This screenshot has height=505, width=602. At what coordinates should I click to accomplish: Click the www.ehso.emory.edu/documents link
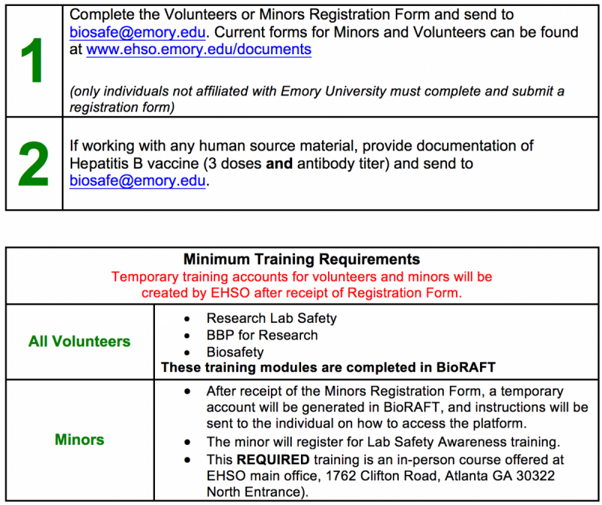point(199,50)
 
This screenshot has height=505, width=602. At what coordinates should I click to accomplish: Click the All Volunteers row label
point(79,342)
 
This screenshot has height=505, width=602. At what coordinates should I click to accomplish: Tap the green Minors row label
point(79,439)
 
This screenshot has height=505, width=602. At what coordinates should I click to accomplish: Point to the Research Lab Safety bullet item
point(272,318)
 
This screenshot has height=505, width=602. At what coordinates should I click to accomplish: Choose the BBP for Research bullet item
point(262,335)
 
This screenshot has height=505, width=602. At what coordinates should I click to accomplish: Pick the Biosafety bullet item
point(236,351)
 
